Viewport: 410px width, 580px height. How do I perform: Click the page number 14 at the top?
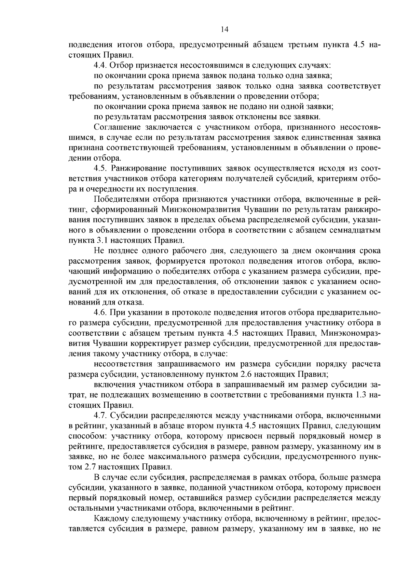224,29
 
